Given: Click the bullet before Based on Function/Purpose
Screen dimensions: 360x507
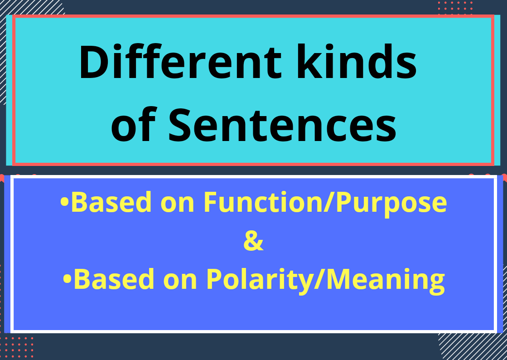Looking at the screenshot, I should tap(65, 203).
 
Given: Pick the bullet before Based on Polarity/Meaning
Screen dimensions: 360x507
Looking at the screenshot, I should tap(68, 280).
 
